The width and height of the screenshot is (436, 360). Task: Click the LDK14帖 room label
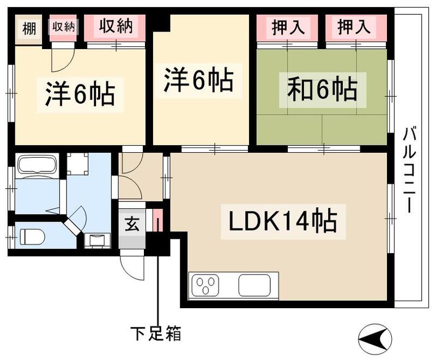[283, 222]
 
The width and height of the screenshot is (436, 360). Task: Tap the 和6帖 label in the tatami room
[323, 90]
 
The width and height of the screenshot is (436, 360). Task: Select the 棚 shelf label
[29, 29]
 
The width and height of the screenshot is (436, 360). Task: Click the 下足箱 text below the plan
[156, 333]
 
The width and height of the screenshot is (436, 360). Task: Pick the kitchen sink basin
[255, 285]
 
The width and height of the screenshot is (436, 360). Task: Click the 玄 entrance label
[131, 224]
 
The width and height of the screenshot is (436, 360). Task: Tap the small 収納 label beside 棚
[64, 27]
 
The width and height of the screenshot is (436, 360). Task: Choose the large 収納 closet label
[115, 26]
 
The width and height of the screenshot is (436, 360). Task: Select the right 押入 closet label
[354, 27]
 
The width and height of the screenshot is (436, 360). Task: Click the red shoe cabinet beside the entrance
[158, 220]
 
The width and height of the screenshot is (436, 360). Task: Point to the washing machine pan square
[77, 164]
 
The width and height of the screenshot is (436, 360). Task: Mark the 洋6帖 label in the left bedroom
[80, 94]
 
